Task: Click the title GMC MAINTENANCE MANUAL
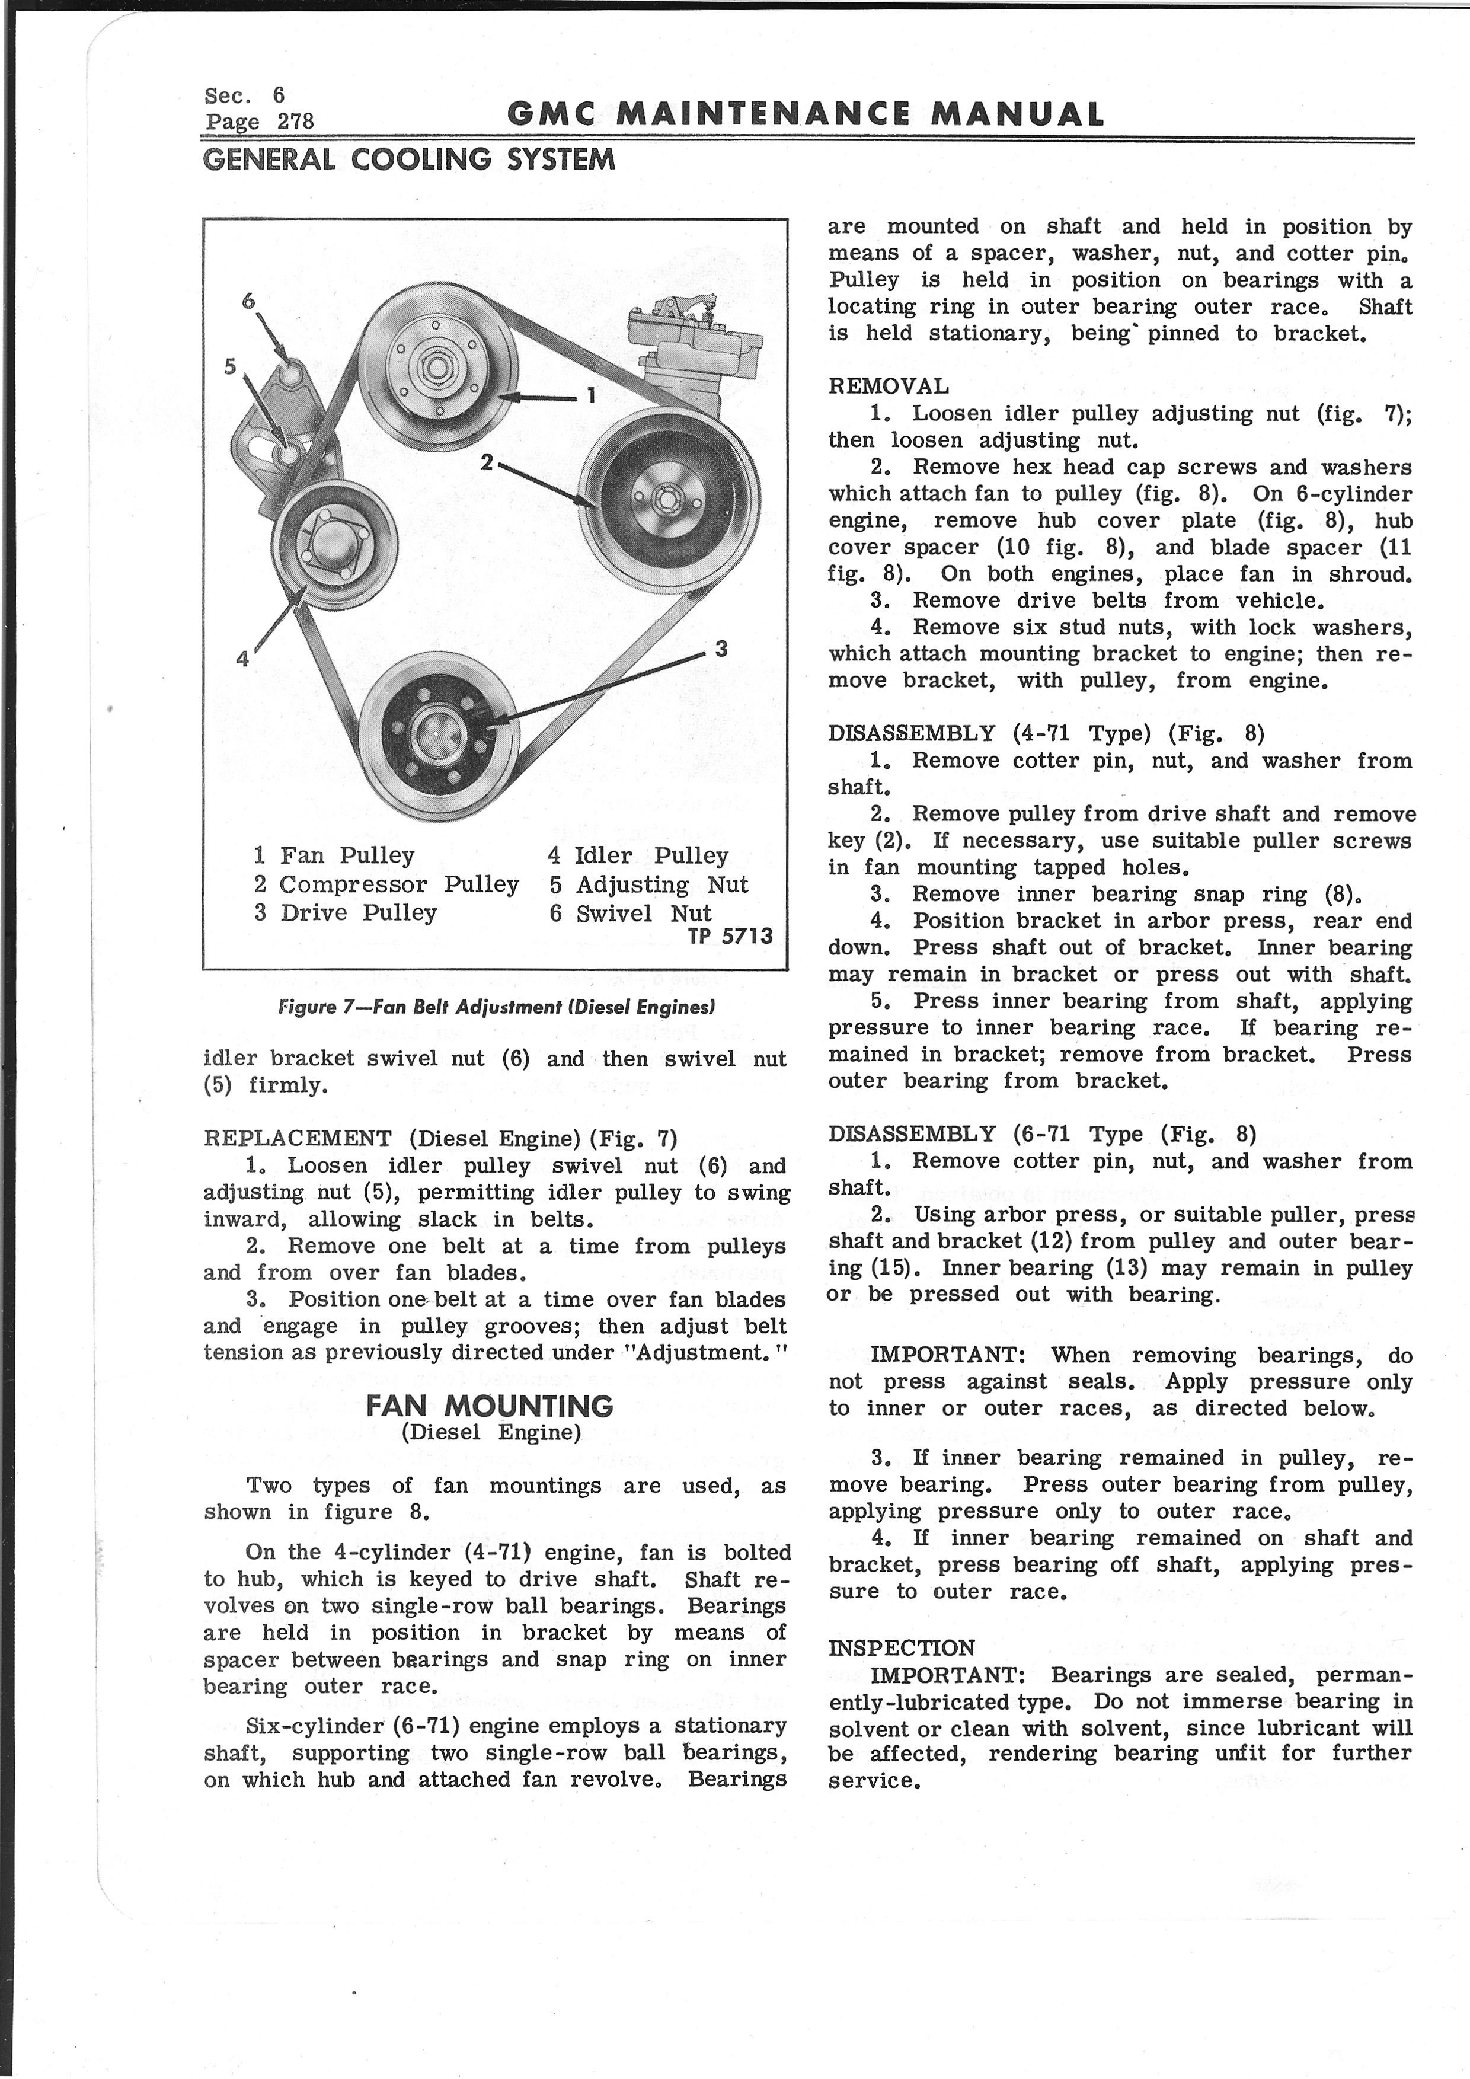click(806, 114)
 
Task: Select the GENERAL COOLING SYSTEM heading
click(409, 160)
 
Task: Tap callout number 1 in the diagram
click(590, 395)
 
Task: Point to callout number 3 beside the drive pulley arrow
click(721, 649)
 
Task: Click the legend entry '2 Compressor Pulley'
click(386, 884)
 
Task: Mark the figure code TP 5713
click(730, 936)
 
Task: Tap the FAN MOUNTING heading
click(490, 1406)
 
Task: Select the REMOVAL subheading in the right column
click(888, 387)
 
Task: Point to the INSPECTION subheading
click(900, 1648)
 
